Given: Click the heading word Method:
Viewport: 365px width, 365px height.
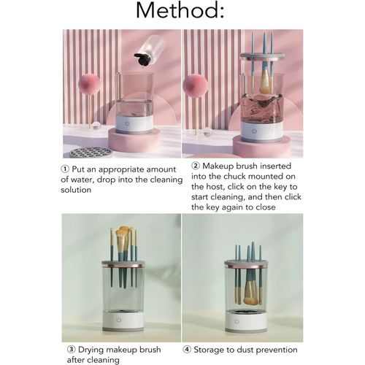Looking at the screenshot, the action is click(x=180, y=10).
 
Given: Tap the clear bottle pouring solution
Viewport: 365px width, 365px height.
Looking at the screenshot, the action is click(x=150, y=50).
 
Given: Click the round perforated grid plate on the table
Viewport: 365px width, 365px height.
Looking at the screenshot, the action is click(x=91, y=153).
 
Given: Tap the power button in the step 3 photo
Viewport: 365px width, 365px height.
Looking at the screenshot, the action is click(x=119, y=320).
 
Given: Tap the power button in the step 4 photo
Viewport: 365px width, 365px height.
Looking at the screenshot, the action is click(x=237, y=321).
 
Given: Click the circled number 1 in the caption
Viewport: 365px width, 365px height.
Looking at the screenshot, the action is click(x=64, y=169).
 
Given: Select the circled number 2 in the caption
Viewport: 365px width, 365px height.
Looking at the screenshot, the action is click(x=196, y=166).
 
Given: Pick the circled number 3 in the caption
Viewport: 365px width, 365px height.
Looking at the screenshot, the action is click(x=71, y=350).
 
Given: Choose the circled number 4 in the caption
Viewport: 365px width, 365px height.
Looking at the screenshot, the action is click(x=187, y=350).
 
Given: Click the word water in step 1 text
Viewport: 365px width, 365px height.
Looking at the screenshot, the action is click(x=83, y=180).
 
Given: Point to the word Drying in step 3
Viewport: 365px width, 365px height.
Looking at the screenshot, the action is click(x=91, y=350).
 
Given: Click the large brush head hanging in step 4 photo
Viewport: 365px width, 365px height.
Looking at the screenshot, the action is click(x=251, y=293).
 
